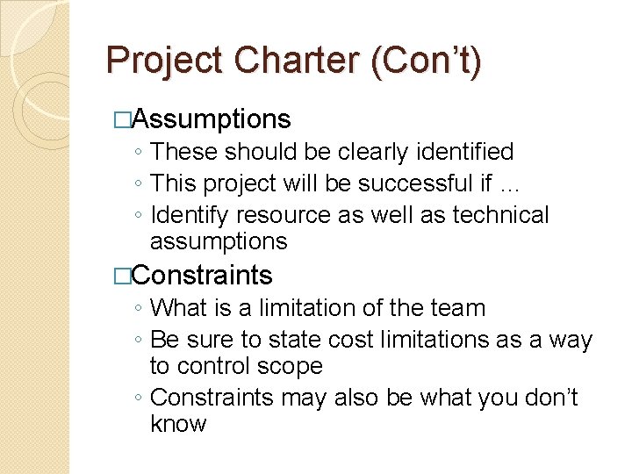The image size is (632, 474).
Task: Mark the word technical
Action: pos(500,215)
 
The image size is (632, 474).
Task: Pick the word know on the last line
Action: pos(178,424)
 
